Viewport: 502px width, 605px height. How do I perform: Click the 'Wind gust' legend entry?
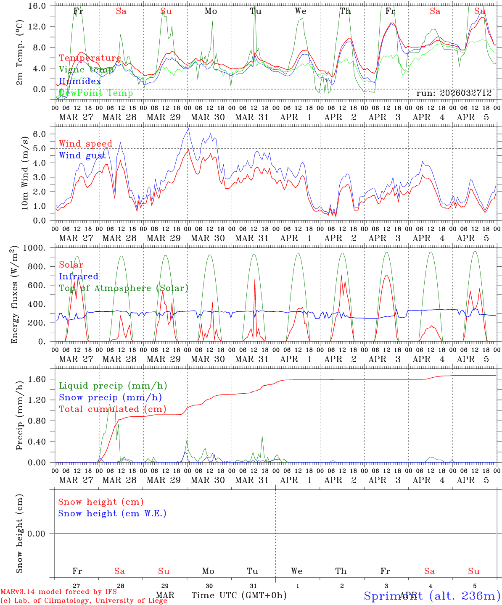pyautogui.click(x=82, y=155)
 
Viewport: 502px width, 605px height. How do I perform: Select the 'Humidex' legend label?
pyautogui.click(x=80, y=81)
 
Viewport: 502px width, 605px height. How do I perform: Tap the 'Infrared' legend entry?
pyautogui.click(x=79, y=276)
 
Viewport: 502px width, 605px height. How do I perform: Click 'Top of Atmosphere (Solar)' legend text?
pyautogui.click(x=124, y=288)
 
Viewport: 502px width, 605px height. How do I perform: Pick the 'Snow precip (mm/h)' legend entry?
pyautogui.click(x=110, y=397)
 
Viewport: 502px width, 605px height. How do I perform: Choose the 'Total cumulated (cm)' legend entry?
pyautogui.click(x=112, y=409)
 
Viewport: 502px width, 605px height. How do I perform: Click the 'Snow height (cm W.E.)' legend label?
pyautogui.click(x=112, y=513)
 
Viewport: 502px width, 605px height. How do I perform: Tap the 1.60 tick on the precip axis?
pyautogui.click(x=37, y=379)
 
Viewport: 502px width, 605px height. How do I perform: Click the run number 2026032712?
pyautogui.click(x=454, y=93)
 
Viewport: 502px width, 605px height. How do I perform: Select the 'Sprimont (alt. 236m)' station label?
pyautogui.click(x=432, y=596)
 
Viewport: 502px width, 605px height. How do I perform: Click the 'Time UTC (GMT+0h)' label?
pyautogui.click(x=239, y=595)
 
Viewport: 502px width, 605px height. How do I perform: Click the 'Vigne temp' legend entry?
pyautogui.click(x=86, y=69)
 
